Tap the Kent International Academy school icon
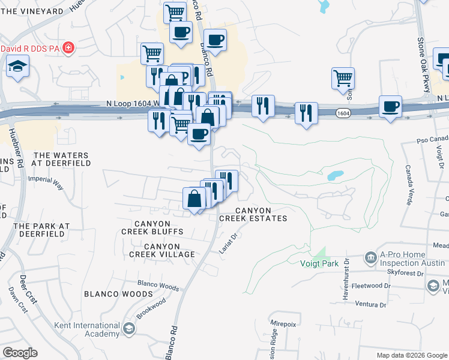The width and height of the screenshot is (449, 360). click(x=129, y=328)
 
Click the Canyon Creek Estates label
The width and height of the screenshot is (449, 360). click(x=253, y=214)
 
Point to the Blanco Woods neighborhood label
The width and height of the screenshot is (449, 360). click(x=118, y=294)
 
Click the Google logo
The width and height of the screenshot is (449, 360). click(x=20, y=353)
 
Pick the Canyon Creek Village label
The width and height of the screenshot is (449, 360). click(x=162, y=250)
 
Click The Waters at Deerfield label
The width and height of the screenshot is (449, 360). click(x=60, y=159)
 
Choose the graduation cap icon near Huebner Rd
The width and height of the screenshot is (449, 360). click(x=18, y=66)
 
